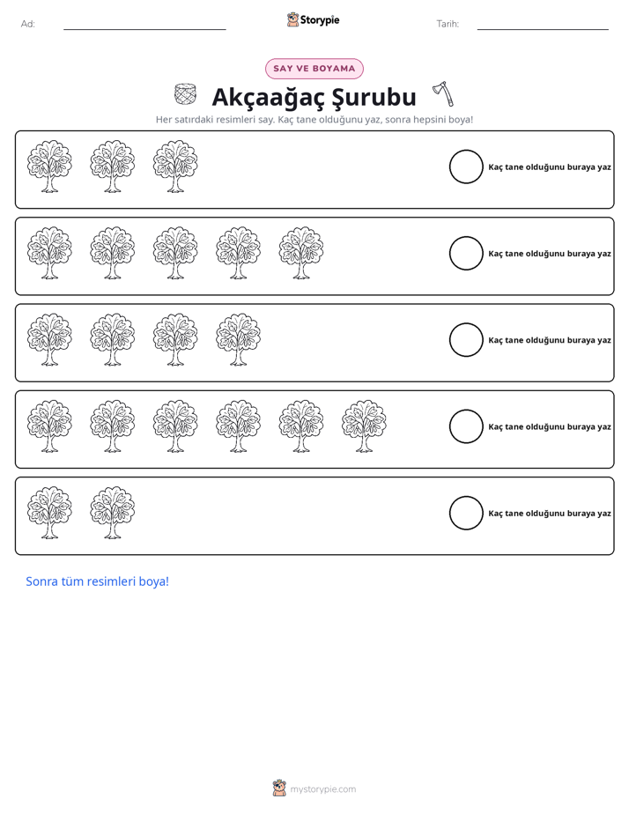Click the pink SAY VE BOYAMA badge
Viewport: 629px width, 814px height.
[x=314, y=69]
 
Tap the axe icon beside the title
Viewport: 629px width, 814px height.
[x=443, y=93]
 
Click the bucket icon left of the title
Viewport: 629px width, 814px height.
[x=185, y=94]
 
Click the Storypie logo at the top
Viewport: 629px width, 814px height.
[x=314, y=20]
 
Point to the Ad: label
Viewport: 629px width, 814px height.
[x=28, y=24]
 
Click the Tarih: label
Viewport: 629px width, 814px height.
[x=448, y=24]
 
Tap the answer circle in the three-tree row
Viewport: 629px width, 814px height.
[x=466, y=166]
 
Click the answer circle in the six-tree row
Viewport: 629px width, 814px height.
[x=466, y=426]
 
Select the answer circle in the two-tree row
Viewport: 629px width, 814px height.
[x=466, y=513]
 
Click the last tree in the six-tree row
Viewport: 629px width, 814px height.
[x=364, y=425]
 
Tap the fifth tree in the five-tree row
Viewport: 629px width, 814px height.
[x=301, y=253]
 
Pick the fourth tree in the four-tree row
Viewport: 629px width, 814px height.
[x=238, y=339]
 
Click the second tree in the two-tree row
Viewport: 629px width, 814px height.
[x=112, y=513]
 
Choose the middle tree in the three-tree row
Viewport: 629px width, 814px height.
[x=112, y=166]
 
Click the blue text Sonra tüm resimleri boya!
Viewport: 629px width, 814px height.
[x=98, y=581]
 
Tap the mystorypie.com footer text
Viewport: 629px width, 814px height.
[x=322, y=789]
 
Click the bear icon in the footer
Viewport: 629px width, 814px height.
[x=279, y=788]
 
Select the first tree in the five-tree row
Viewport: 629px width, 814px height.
[x=49, y=253]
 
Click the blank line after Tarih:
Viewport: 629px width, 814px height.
[x=543, y=30]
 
